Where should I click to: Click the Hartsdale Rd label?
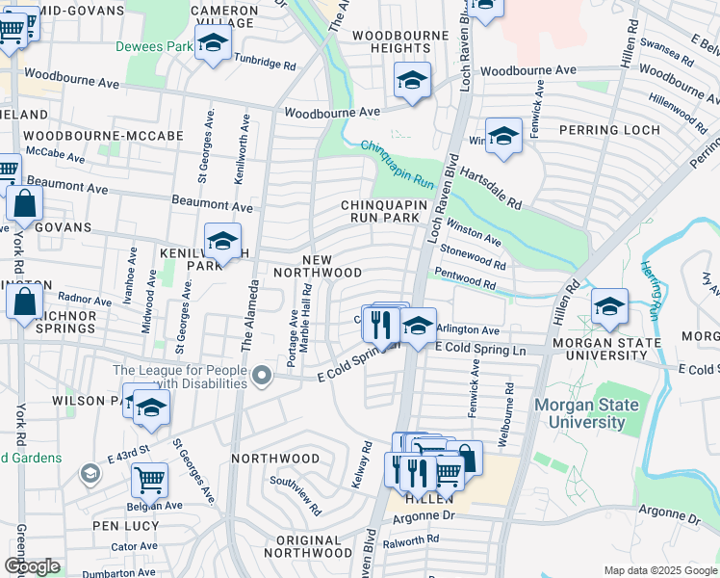(490, 189)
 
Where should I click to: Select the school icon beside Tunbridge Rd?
(213, 42)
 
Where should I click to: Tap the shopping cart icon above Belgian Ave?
(149, 478)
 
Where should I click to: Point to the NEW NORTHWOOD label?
(331, 267)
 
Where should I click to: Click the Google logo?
(32, 566)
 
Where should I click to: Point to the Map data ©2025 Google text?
(659, 570)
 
